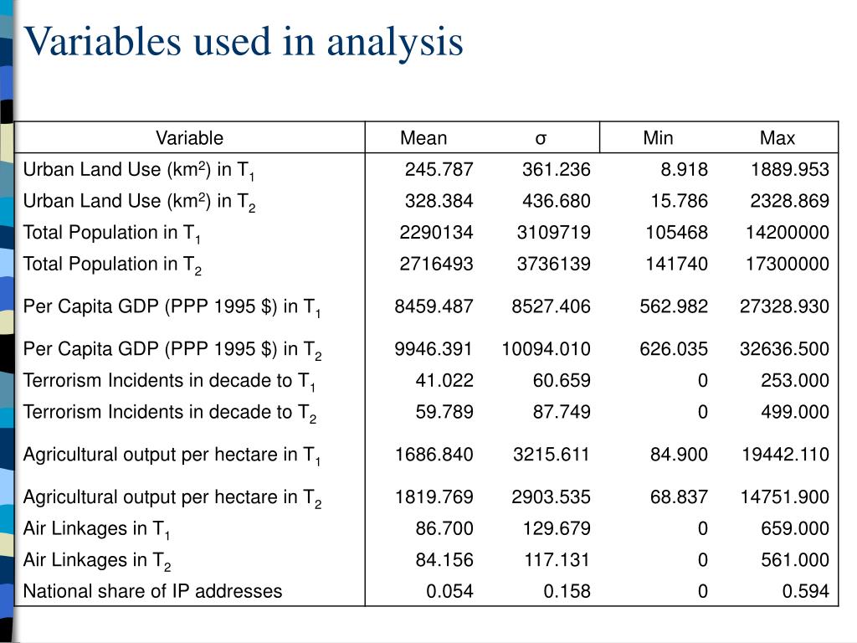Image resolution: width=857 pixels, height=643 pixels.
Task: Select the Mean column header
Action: coord(423,138)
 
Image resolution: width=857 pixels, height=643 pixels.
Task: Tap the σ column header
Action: coord(541,138)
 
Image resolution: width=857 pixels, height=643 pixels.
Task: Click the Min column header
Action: coord(658,138)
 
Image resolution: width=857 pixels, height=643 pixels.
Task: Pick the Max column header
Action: coord(777,138)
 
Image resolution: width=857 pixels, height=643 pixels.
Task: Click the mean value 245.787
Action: coord(439,170)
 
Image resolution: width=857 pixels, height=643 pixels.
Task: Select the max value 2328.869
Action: coord(789,201)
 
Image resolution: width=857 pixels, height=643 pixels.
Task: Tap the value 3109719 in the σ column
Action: coord(553,233)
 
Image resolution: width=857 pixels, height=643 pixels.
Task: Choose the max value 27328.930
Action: coord(784,306)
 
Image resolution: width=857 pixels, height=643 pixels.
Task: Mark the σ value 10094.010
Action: coord(547,349)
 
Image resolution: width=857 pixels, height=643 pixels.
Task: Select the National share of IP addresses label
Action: coord(152,591)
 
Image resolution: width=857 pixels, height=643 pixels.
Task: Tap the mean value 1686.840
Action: coord(434,455)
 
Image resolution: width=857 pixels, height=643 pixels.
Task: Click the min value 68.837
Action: coord(679,497)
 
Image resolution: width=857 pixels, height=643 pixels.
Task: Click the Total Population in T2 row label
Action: coord(112,265)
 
